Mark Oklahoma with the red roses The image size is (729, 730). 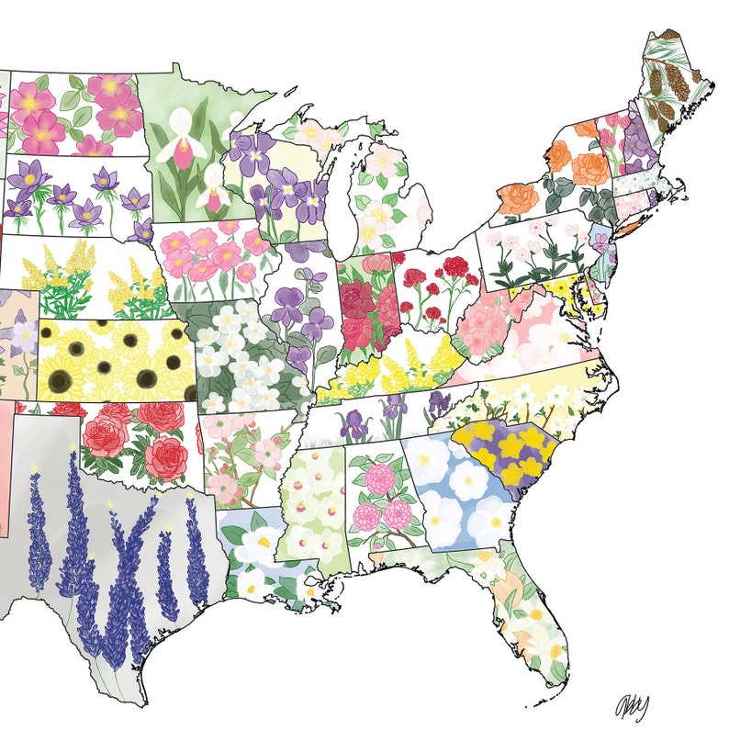click(138, 441)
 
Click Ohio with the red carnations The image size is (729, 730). click(432, 289)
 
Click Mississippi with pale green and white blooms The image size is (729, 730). click(312, 500)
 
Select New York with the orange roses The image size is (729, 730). click(560, 174)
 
